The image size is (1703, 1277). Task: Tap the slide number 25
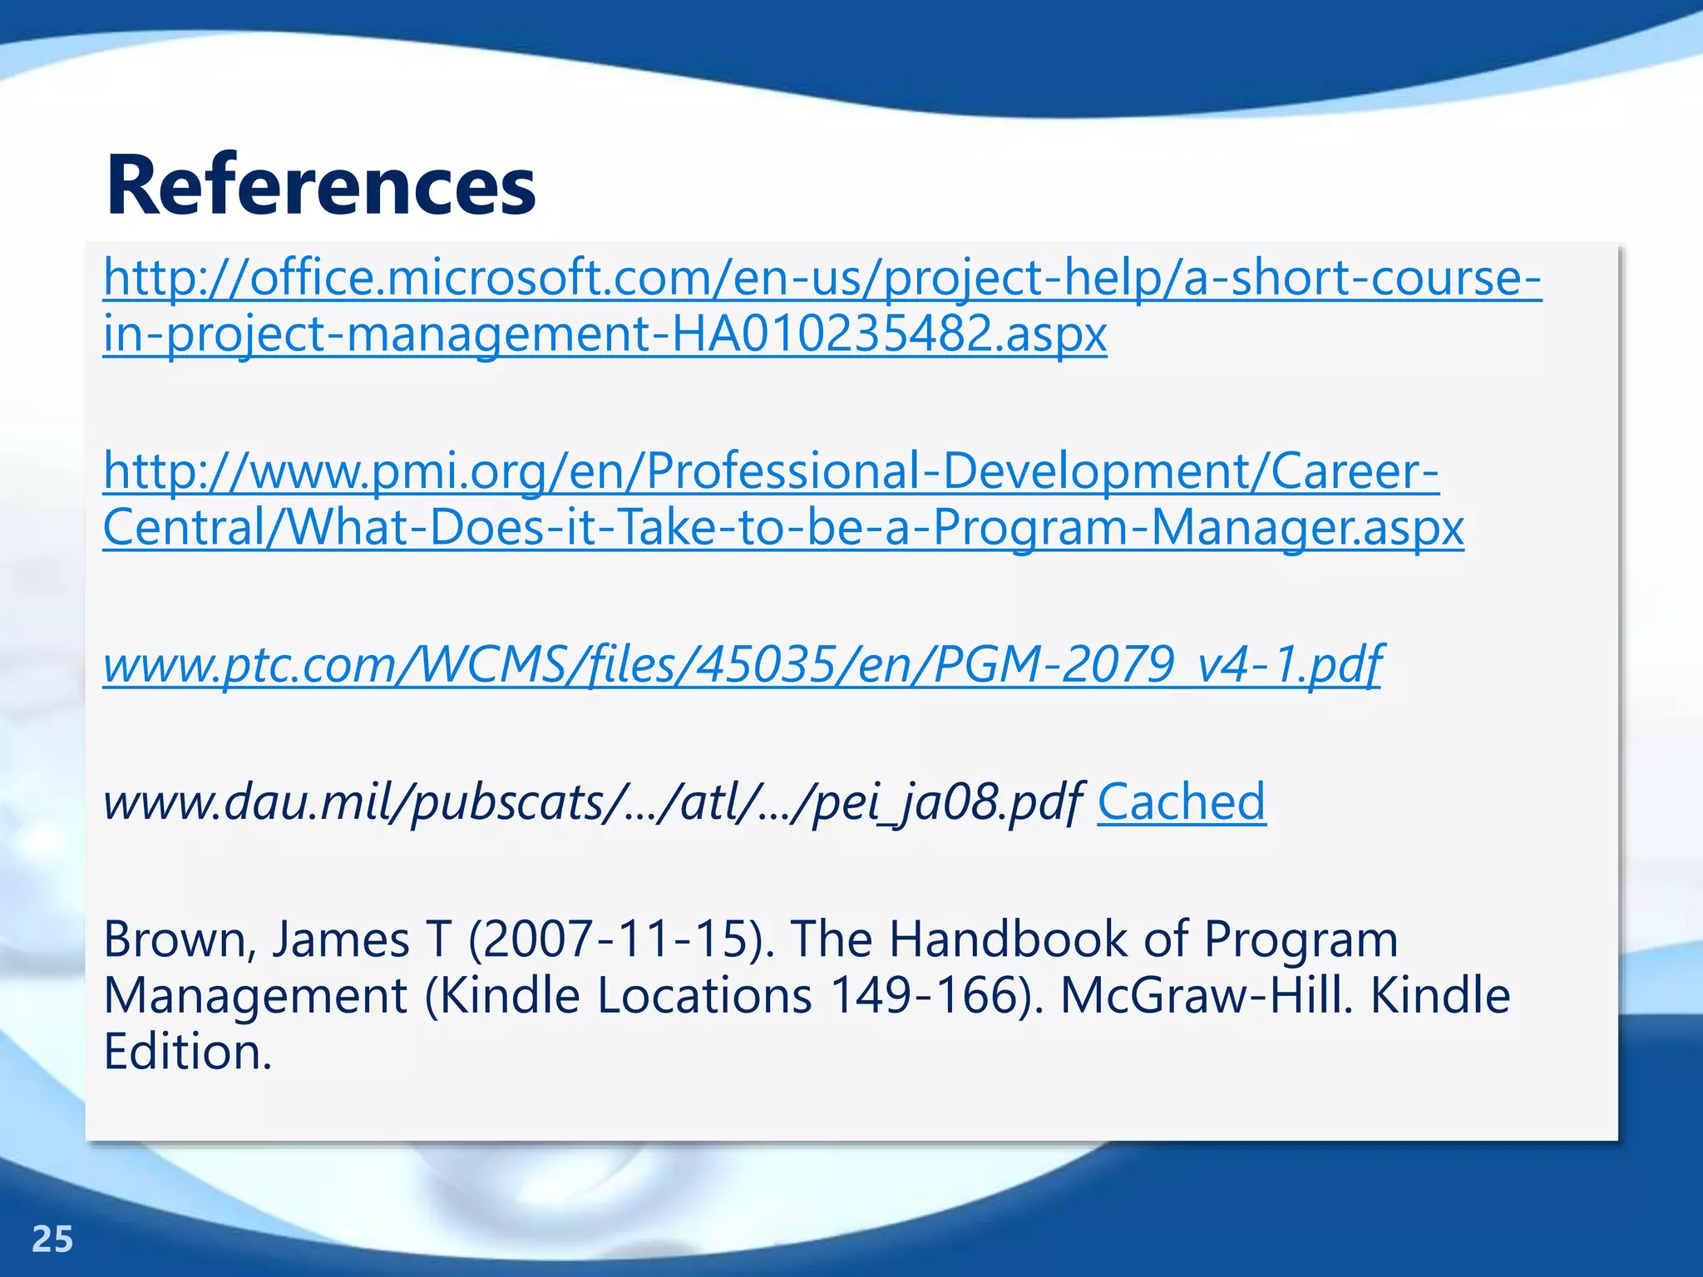[52, 1239]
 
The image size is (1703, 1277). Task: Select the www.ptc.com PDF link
[742, 664]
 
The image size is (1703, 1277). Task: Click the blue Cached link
[1181, 801]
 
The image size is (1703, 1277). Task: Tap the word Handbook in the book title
[1007, 939]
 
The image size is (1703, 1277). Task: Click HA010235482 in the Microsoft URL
[832, 333]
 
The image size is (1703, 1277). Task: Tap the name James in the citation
[341, 939]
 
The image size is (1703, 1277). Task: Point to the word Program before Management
[1301, 939]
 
